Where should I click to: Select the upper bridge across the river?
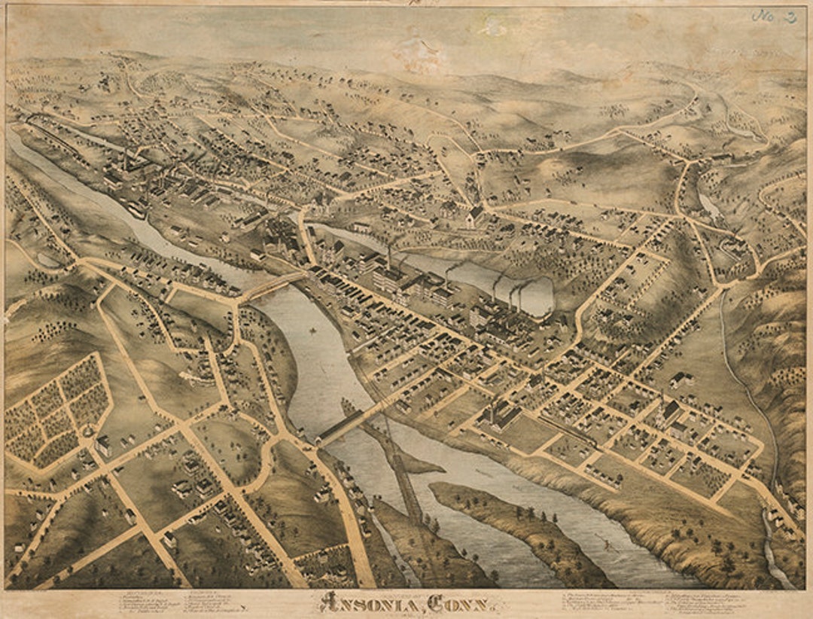(x=273, y=286)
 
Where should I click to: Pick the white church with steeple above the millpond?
(x=474, y=216)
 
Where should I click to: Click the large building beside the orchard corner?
(x=102, y=446)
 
